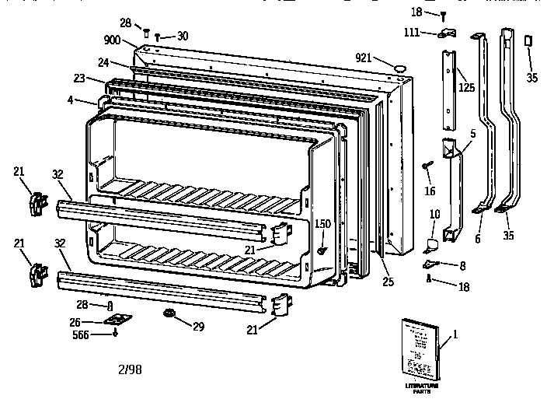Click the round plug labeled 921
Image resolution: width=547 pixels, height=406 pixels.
tap(400, 68)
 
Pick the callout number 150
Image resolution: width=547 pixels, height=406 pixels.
tap(322, 225)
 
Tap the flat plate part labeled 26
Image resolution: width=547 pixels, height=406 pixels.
tap(117, 320)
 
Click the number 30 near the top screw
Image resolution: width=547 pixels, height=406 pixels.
tap(182, 35)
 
